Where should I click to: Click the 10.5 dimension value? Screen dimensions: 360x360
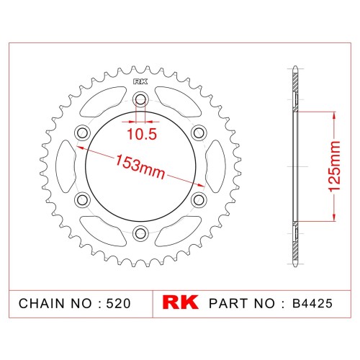142,134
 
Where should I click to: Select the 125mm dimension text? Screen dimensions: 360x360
334,166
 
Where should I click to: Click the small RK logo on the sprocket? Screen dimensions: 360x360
140,82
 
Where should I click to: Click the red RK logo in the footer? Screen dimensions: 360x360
180,302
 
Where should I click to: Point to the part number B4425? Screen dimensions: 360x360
312,303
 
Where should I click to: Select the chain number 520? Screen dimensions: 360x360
118,303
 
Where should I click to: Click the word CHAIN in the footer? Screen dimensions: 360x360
42,303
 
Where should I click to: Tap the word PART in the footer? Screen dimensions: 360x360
230,303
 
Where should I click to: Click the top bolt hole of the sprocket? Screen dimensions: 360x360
140,99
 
